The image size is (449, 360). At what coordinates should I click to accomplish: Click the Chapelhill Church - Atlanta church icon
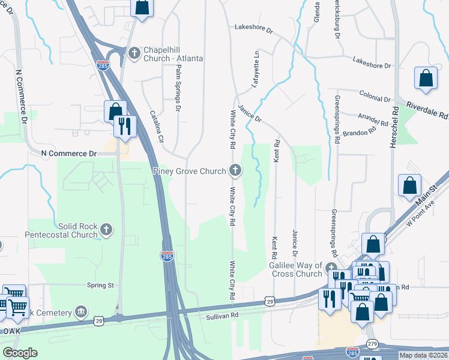(134, 53)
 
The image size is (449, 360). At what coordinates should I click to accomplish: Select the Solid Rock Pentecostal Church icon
(107, 229)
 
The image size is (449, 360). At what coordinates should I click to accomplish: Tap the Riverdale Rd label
(427, 108)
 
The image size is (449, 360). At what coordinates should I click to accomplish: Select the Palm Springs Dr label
(178, 89)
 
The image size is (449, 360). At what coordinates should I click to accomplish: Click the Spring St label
(100, 285)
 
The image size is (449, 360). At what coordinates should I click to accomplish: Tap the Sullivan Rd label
(222, 316)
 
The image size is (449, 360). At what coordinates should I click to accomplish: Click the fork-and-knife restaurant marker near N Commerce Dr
(125, 128)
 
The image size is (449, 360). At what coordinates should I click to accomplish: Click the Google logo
(20, 353)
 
